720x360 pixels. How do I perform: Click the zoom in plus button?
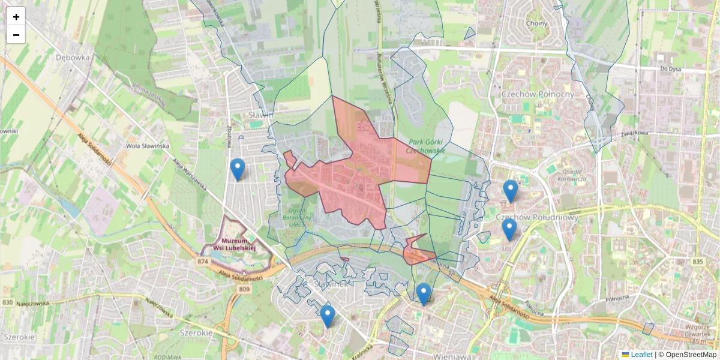[x=16, y=17]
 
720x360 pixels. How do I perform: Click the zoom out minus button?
[x=16, y=35]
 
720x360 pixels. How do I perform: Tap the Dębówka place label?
[x=72, y=58]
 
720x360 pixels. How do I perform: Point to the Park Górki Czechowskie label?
[x=426, y=146]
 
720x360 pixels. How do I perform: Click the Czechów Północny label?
[x=538, y=94]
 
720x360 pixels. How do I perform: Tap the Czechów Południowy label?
[x=537, y=217]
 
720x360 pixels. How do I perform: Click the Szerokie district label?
[x=196, y=332]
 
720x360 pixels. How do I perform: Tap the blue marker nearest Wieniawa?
[x=424, y=294]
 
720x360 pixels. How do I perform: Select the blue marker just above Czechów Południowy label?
[x=510, y=191]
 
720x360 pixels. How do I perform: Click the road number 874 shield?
[x=202, y=262]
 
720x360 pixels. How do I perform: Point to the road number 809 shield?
[x=244, y=290]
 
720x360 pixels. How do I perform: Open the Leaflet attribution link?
[x=641, y=355]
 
